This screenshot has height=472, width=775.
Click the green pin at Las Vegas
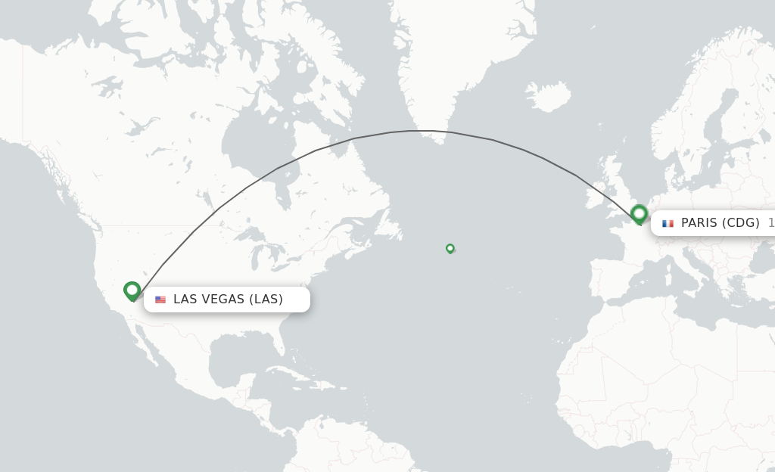tap(132, 290)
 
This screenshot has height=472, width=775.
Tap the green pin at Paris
tap(639, 213)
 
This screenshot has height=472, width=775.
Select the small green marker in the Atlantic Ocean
tap(450, 248)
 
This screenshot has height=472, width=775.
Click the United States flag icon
tap(160, 300)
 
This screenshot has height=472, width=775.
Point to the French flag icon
tap(668, 223)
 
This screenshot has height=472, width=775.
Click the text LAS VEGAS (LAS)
tap(228, 300)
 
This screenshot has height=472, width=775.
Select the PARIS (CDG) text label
tap(720, 223)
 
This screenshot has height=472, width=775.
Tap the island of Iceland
tap(547, 97)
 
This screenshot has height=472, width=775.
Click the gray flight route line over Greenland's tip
tap(431, 132)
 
